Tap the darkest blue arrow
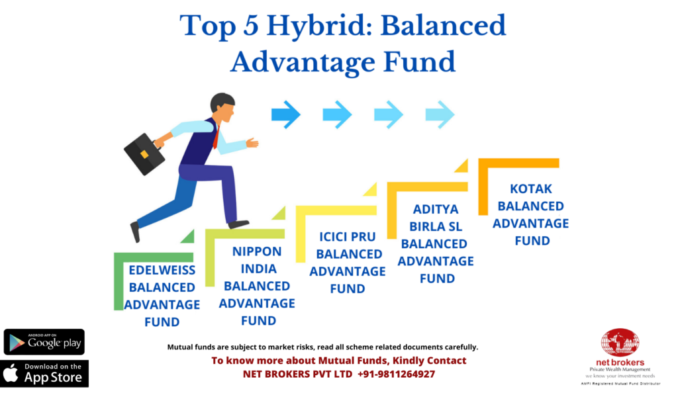point(286,114)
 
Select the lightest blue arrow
point(440,114)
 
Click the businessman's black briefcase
point(144,154)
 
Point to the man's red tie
point(217,136)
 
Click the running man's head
point(222,107)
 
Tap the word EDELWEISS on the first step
point(162,270)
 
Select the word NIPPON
point(257,251)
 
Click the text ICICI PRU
point(348,237)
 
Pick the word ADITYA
point(436,209)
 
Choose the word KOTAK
point(531,189)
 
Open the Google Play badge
point(44,342)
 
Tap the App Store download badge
point(44,373)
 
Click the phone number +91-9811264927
point(396,374)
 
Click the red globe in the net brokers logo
point(620,343)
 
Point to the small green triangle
point(189,238)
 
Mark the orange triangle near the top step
point(463,166)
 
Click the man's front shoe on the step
point(238,224)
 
